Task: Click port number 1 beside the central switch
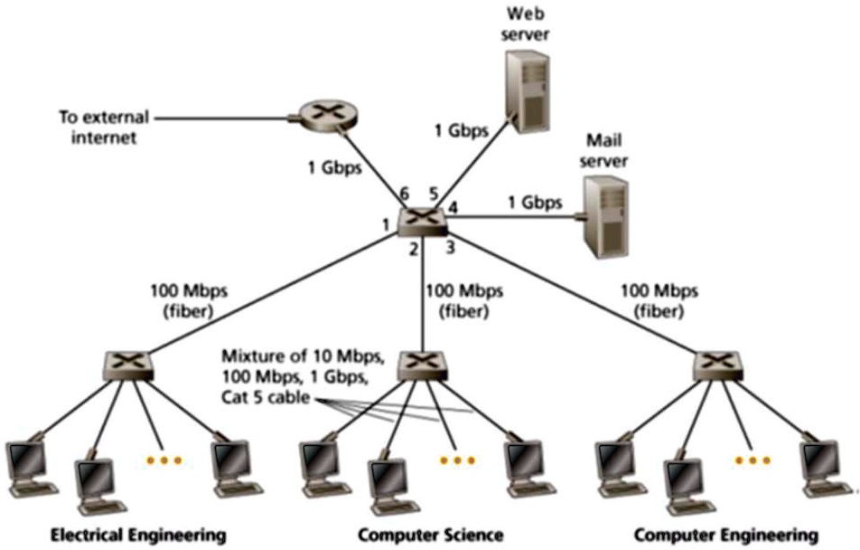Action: click(x=385, y=223)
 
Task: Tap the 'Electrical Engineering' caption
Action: click(x=139, y=535)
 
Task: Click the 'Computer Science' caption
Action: click(x=430, y=535)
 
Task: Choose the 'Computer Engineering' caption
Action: click(x=725, y=535)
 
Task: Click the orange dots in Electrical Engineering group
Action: click(x=164, y=460)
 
